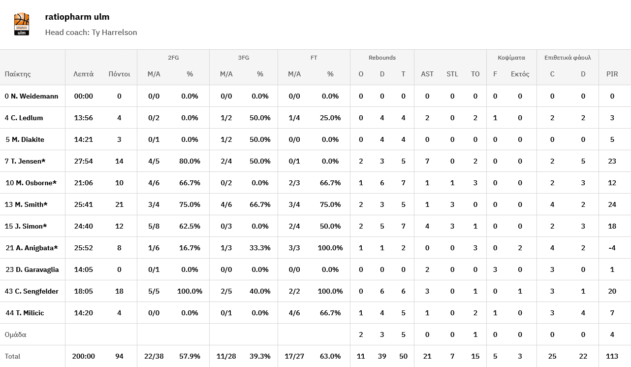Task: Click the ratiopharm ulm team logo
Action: tap(22, 24)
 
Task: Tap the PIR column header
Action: tap(612, 74)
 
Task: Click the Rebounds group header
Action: tap(382, 58)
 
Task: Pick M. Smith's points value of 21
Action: tap(119, 204)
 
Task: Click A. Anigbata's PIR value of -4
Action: tap(612, 248)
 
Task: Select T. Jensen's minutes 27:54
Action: tap(84, 161)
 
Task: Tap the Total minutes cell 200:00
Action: tap(84, 356)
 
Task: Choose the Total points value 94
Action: tap(119, 356)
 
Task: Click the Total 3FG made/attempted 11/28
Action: tap(226, 356)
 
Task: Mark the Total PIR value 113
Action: tap(612, 356)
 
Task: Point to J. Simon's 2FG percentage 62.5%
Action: tap(189, 226)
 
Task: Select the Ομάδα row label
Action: tap(16, 334)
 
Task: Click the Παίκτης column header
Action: tap(18, 74)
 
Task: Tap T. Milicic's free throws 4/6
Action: tap(294, 313)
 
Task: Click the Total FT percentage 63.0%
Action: tap(330, 356)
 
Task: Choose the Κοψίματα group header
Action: tap(511, 58)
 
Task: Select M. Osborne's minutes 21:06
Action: tap(84, 183)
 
